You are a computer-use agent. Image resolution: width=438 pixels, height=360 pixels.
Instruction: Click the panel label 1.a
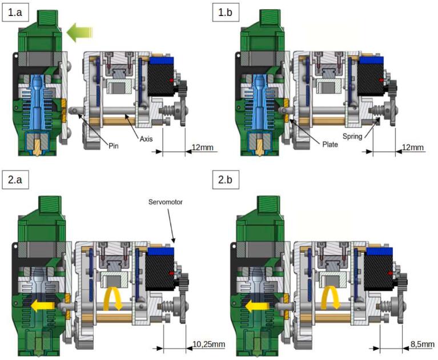tap(15, 13)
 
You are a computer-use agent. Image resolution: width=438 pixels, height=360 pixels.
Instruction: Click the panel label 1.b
tap(226, 13)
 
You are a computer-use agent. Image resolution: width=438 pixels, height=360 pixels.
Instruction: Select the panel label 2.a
tap(15, 180)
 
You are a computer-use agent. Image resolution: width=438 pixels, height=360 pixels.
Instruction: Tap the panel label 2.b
tap(226, 180)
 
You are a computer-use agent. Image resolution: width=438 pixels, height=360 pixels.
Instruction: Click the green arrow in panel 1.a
tap(79, 33)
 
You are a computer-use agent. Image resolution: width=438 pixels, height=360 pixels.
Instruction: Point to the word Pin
tap(114, 146)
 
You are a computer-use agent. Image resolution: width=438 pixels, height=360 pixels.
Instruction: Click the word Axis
tap(146, 139)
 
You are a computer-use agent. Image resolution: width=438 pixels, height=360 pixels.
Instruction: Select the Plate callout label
tap(330, 144)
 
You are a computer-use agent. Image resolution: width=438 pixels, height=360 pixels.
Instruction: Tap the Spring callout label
tap(352, 137)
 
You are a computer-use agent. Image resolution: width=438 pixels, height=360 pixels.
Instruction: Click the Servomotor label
tap(166, 202)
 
